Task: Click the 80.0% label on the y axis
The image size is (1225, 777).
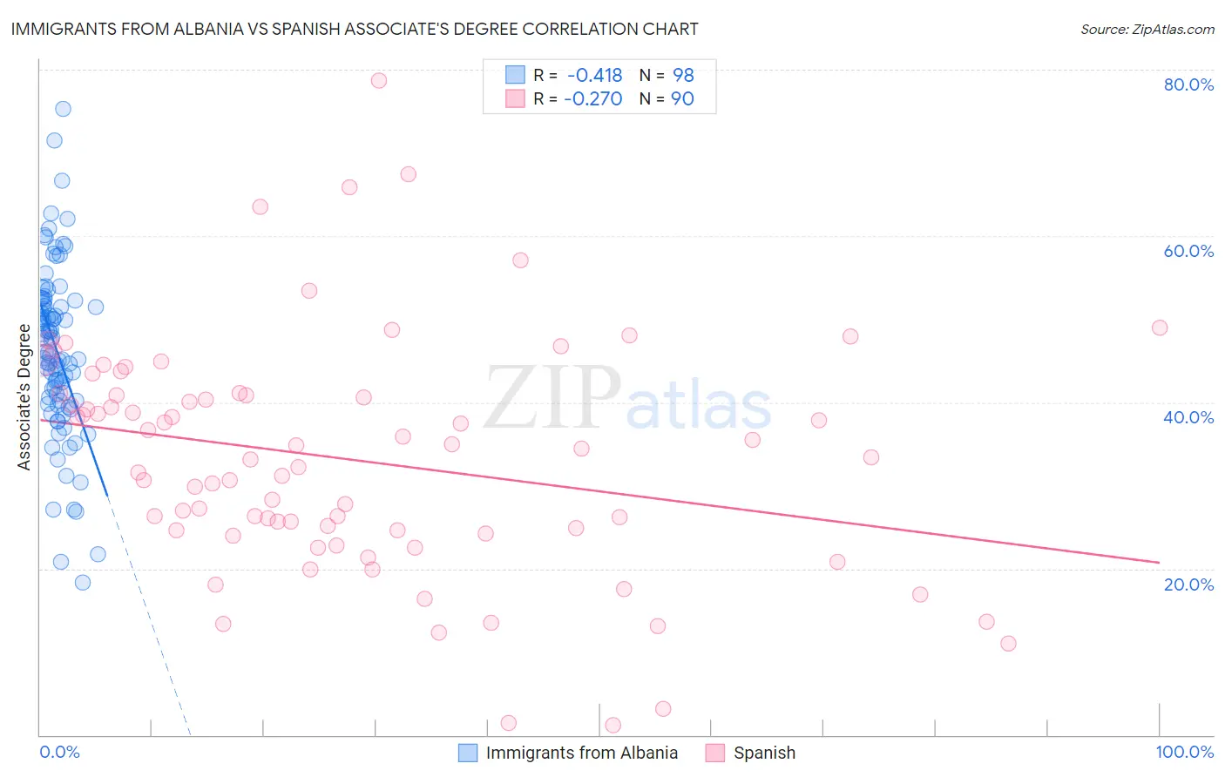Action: pos(1188,84)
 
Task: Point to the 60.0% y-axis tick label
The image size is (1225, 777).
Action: pos(1188,251)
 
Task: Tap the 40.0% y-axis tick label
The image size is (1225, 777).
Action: pos(1188,417)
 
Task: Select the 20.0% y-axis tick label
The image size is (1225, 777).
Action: pos(1188,584)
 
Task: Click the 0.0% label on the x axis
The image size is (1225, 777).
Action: pos(59,752)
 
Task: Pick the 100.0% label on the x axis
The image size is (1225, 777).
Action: pos(1184,752)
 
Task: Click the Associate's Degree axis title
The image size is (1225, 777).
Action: pos(24,397)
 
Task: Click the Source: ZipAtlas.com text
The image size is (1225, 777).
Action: pos(1147,29)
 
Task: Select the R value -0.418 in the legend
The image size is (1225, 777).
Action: pos(594,75)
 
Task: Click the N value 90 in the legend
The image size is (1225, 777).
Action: pos(682,98)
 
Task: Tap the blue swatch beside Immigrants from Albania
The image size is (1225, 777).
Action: pos(468,753)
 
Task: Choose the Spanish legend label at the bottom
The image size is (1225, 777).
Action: pos(764,753)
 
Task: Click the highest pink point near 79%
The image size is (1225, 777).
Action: pos(378,80)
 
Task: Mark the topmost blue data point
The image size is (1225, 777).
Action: pos(63,109)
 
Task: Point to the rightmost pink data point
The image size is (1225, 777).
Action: pos(1159,328)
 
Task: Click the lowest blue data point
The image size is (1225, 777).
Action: pos(83,582)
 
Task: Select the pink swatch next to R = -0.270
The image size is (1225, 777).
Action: pos(516,98)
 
